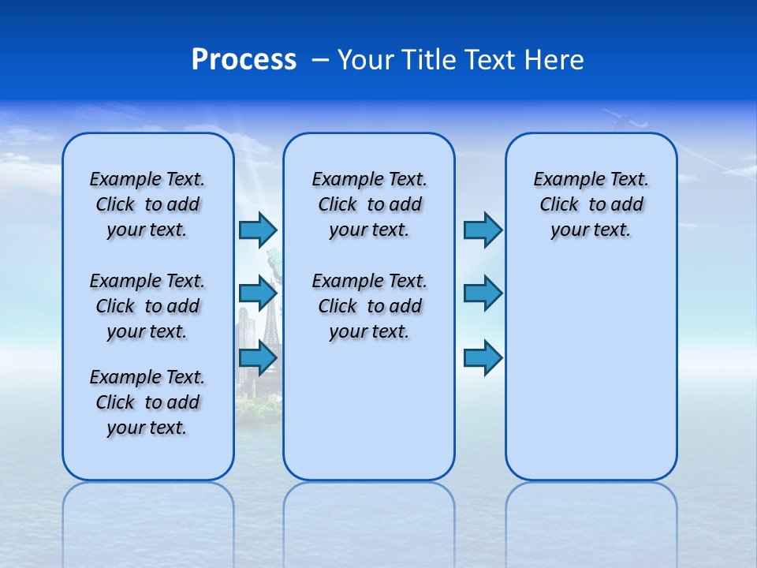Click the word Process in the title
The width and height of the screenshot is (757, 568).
pos(244,60)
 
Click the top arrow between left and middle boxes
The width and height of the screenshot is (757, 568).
pos(258,230)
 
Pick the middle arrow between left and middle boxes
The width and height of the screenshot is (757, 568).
pos(258,293)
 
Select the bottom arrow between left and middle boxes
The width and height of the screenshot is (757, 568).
pos(258,357)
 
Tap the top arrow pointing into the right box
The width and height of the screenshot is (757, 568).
pos(483,230)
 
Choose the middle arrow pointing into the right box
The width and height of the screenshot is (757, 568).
pos(483,293)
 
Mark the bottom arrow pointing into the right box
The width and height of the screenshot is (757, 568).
pos(483,357)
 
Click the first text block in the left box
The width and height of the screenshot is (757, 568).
pos(147,204)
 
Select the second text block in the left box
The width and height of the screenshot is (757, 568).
pos(147,306)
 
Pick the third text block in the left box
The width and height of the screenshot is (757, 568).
pos(147,402)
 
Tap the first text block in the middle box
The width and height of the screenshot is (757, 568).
pos(369,204)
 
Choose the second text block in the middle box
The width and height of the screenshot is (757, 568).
pos(369,306)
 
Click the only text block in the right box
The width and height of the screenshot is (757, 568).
pos(591,204)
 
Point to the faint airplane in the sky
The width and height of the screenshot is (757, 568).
pos(628,120)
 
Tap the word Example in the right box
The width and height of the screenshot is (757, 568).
pos(561,180)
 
